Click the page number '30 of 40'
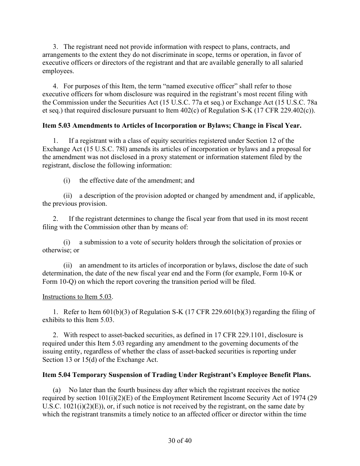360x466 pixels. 180,441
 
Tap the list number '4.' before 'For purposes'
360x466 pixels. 55,86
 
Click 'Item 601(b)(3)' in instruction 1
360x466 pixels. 99,312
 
